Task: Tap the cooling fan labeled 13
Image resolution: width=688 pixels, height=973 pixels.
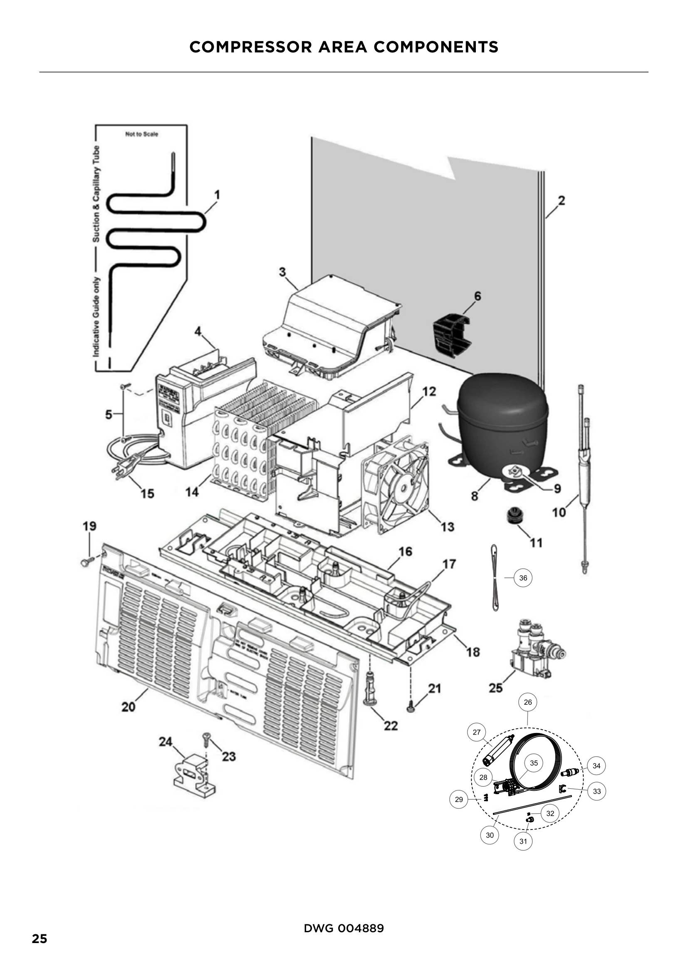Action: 395,483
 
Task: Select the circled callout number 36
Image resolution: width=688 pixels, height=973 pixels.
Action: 523,578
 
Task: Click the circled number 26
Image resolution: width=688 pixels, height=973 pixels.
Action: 527,702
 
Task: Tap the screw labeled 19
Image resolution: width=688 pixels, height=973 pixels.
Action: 85,562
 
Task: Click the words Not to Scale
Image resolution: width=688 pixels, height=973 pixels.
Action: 141,134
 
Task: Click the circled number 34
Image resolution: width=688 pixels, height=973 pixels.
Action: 596,766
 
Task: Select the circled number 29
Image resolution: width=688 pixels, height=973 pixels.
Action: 459,800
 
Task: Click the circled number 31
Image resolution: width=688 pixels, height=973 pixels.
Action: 523,841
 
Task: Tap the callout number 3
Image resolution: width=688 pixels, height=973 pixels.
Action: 282,272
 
